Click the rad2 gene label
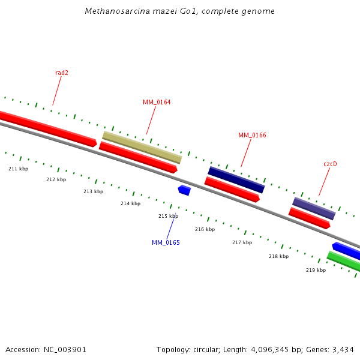(62, 73)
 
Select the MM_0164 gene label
(157, 102)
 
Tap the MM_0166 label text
(252, 135)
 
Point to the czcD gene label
(330, 163)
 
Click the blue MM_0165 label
(166, 242)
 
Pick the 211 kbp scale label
(18, 169)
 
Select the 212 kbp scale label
(56, 179)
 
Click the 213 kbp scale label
(93, 191)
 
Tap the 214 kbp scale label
(130, 203)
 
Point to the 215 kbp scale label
(168, 216)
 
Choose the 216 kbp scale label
(205, 229)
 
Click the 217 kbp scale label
(242, 242)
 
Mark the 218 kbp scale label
(278, 256)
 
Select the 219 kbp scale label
(316, 270)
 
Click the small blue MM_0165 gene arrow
(184, 190)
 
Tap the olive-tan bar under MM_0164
(142, 148)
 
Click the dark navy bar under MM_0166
(236, 179)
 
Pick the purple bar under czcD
(314, 208)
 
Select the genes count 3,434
(342, 349)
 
